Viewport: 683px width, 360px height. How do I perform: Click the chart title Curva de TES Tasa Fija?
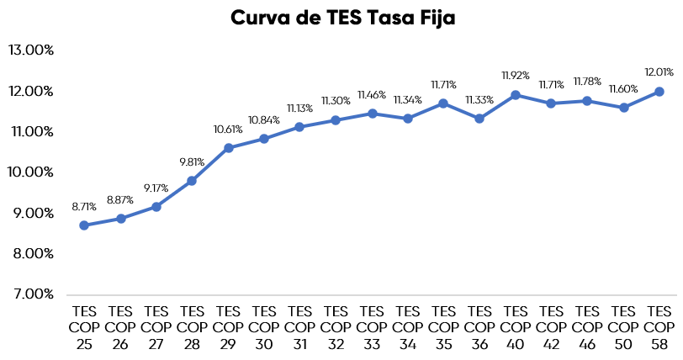click(x=342, y=19)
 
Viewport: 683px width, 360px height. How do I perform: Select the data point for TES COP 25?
click(x=84, y=225)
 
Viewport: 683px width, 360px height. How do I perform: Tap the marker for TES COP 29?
click(x=228, y=148)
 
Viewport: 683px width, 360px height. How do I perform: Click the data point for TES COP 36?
click(x=479, y=119)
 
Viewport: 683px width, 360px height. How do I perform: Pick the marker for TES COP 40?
click(x=516, y=95)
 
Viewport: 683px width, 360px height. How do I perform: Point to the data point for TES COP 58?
click(x=659, y=91)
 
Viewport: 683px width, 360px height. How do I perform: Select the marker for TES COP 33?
click(x=372, y=113)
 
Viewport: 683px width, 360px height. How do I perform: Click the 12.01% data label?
click(x=659, y=72)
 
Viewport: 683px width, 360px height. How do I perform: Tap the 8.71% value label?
click(x=84, y=206)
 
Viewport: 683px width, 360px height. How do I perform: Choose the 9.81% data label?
click(x=192, y=161)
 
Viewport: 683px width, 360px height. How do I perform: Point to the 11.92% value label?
click(x=516, y=76)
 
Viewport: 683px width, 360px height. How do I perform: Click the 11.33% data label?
click(x=479, y=99)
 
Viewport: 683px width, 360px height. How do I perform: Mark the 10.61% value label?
click(x=228, y=129)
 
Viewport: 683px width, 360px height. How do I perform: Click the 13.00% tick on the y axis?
click(x=31, y=50)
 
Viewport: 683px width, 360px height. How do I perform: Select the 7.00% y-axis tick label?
click(x=31, y=294)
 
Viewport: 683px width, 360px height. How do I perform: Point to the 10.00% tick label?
click(x=31, y=172)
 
